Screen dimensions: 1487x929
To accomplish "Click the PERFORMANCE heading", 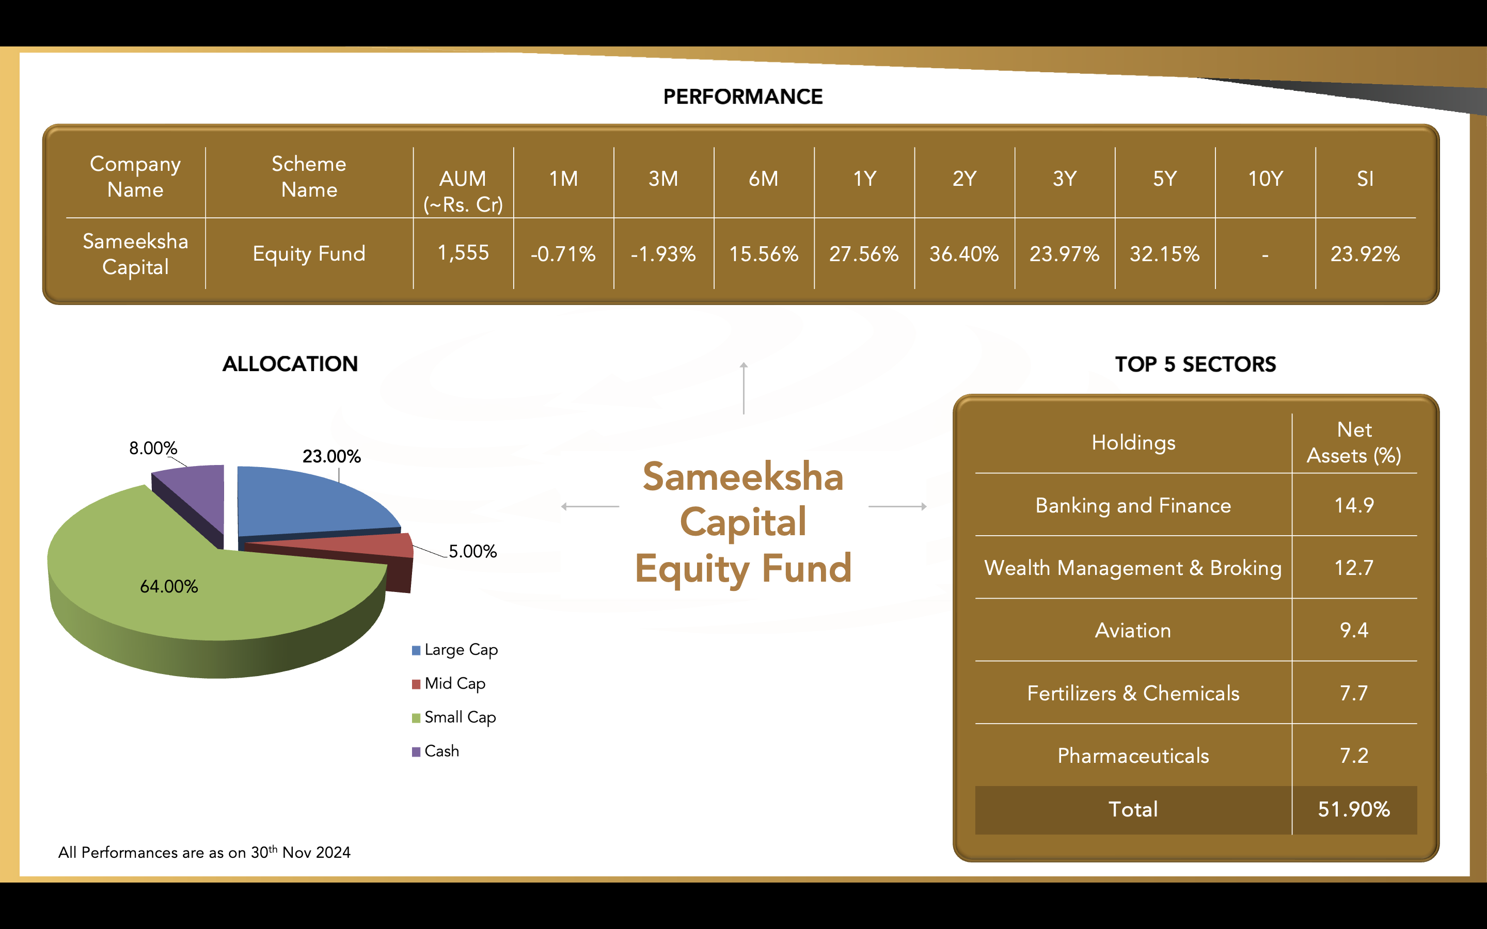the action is click(743, 97).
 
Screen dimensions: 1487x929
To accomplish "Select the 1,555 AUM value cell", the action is click(463, 252).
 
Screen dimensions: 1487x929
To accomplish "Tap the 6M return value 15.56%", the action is click(764, 254).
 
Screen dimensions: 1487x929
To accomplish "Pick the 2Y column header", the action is click(964, 179).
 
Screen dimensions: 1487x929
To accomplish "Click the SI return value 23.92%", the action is click(1365, 254).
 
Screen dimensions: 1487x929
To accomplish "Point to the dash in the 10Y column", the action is click(1265, 254).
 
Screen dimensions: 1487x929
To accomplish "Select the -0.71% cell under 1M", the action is click(563, 254).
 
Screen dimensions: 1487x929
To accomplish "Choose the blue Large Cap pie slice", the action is click(307, 501).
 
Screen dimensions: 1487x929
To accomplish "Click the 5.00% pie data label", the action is click(472, 551).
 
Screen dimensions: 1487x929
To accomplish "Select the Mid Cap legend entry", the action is click(449, 683).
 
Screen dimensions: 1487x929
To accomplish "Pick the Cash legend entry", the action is click(436, 751).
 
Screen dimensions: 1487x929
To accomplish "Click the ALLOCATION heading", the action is click(290, 364).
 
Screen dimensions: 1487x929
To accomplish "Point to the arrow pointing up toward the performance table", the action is click(743, 388).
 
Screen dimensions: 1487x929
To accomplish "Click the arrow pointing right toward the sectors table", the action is click(898, 506).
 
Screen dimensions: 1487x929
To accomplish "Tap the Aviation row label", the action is click(1133, 630).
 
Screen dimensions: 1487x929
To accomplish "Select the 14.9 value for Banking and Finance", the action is click(1354, 505).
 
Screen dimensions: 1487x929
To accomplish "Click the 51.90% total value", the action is click(1354, 809).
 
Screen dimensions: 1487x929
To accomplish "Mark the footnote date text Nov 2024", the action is click(317, 852).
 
